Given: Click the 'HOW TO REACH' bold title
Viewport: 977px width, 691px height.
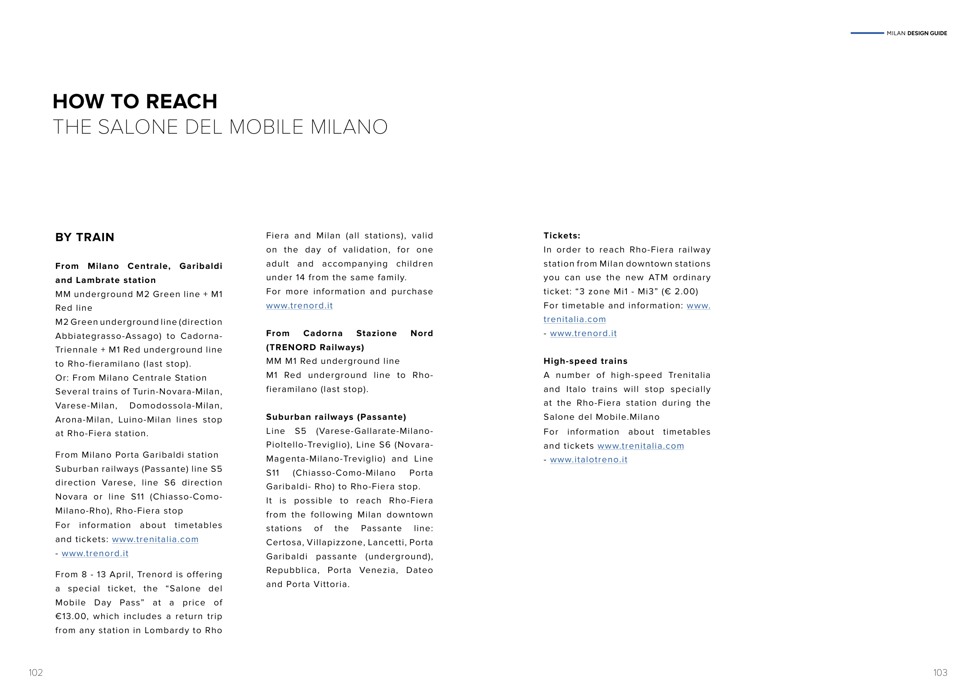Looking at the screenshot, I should tap(134, 102).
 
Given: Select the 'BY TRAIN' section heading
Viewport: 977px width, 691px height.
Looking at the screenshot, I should tap(85, 237).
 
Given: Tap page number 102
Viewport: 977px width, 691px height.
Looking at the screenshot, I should tap(36, 672).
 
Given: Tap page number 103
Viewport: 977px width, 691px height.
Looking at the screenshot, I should tap(940, 672).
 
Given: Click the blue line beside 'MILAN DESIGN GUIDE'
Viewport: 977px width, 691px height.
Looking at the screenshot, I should tap(867, 33).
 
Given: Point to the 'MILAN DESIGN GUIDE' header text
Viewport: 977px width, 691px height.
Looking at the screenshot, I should tap(916, 33).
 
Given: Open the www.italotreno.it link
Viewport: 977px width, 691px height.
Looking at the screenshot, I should tap(589, 460).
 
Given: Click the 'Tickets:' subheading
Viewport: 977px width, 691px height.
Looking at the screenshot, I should tap(562, 236).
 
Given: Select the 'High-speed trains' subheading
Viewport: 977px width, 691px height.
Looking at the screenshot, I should tap(585, 361).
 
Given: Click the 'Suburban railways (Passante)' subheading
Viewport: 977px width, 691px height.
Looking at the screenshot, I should tap(336, 417).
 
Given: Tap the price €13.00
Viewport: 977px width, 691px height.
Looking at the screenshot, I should tap(72, 616).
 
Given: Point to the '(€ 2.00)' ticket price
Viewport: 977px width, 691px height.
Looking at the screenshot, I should tap(680, 292).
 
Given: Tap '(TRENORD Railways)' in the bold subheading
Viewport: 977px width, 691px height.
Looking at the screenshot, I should tap(315, 347).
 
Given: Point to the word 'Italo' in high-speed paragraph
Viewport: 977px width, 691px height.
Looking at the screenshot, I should tap(575, 389).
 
